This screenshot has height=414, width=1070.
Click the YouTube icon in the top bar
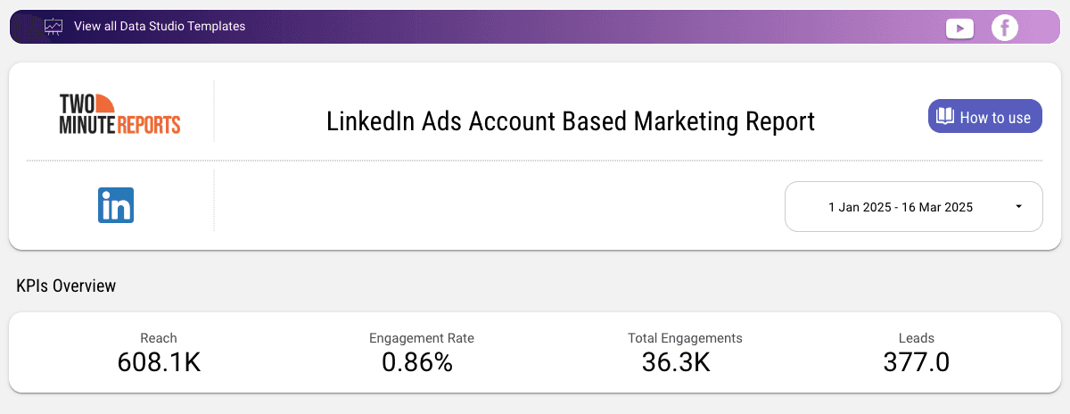[959, 29]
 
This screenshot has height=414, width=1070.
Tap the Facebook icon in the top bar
[1005, 28]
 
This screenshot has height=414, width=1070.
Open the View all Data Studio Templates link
[160, 27]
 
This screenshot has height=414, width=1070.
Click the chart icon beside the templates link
[54, 27]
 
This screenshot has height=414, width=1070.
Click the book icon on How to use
[944, 117]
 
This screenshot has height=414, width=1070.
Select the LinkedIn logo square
[116, 205]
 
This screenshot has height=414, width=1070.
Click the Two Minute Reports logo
[119, 113]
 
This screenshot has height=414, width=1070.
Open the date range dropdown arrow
[1018, 207]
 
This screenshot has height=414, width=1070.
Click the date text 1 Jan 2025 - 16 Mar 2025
[900, 207]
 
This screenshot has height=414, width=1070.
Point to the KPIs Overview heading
[66, 286]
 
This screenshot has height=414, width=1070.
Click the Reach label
[159, 338]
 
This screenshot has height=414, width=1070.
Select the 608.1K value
[159, 362]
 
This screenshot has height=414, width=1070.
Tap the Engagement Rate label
[422, 338]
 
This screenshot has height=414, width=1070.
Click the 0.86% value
[417, 362]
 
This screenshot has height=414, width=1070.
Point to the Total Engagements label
[685, 338]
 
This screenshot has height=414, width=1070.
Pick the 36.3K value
[676, 362]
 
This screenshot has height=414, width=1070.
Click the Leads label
[917, 338]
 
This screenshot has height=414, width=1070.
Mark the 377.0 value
[917, 362]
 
